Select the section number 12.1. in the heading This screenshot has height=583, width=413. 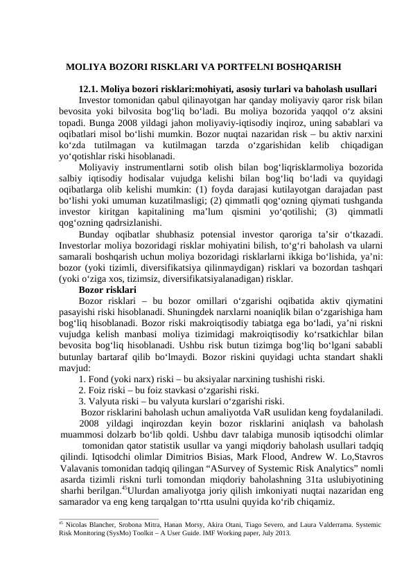90,89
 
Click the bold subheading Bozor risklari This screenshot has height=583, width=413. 107,290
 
